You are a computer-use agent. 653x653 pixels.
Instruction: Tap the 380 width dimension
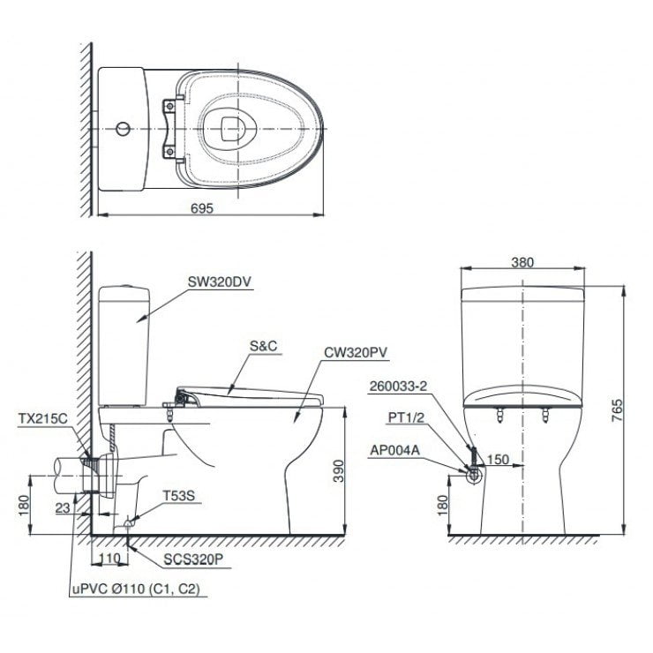[523, 262]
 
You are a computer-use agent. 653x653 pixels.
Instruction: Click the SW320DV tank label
[220, 283]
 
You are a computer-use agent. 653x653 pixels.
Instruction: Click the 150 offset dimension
[497, 459]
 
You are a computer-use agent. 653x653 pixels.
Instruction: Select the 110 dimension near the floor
[109, 559]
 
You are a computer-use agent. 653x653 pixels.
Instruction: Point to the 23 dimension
[62, 507]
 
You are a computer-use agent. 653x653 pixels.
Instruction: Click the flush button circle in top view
[124, 129]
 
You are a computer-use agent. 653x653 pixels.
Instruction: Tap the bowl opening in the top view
[232, 127]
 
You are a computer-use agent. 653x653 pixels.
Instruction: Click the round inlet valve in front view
[474, 475]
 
